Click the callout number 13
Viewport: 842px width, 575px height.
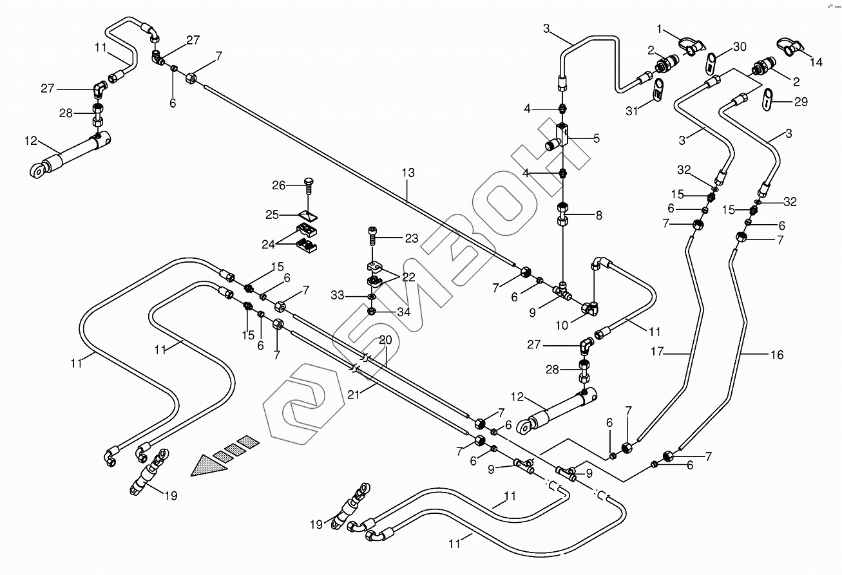pyautogui.click(x=407, y=173)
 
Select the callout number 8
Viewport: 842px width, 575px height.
pyautogui.click(x=598, y=216)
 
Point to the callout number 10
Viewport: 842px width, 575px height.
pyautogui.click(x=562, y=326)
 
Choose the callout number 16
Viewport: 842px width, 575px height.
pyautogui.click(x=777, y=355)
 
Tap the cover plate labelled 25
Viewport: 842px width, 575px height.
pyautogui.click(x=308, y=214)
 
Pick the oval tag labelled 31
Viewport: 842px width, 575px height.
pyautogui.click(x=658, y=90)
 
